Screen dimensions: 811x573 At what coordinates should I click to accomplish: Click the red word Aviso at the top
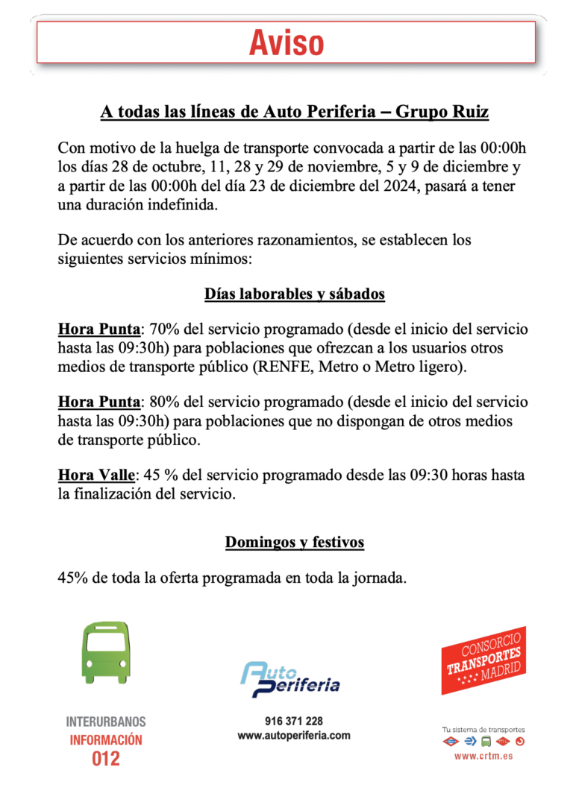tap(286, 43)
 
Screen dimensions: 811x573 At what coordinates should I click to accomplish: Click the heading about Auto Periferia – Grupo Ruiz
tap(295, 112)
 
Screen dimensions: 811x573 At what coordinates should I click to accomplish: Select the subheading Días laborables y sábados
tap(295, 294)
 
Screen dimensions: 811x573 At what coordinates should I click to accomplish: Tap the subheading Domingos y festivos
tap(295, 542)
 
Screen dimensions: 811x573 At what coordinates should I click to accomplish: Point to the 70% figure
tap(163, 329)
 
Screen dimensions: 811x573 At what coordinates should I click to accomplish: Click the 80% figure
tap(163, 403)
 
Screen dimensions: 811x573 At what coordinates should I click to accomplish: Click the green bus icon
tap(106, 652)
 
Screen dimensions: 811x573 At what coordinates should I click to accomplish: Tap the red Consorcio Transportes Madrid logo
tap(483, 660)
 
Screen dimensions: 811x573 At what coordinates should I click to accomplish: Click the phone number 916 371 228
tap(294, 721)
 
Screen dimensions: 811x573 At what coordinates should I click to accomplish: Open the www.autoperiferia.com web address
tap(294, 736)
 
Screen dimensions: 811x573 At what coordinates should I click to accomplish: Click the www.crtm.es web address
tap(483, 756)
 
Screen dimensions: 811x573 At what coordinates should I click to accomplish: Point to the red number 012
tap(106, 759)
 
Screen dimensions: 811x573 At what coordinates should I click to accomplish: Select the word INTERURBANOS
tap(106, 722)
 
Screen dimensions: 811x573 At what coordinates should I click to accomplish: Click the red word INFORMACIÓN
tap(106, 740)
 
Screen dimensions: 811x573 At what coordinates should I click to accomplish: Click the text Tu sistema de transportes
tap(483, 730)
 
